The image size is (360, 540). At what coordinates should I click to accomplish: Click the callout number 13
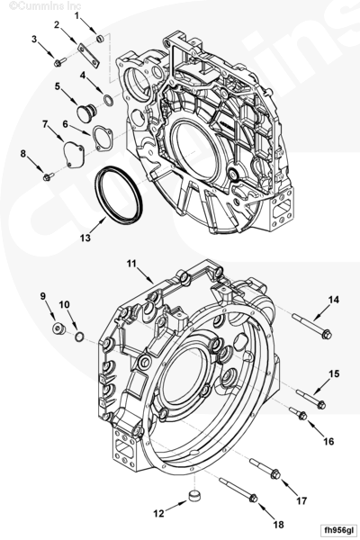(x=85, y=238)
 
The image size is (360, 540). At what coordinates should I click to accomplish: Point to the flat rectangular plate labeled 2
(x=88, y=56)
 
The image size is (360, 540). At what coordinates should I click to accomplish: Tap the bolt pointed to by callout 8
(x=49, y=176)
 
